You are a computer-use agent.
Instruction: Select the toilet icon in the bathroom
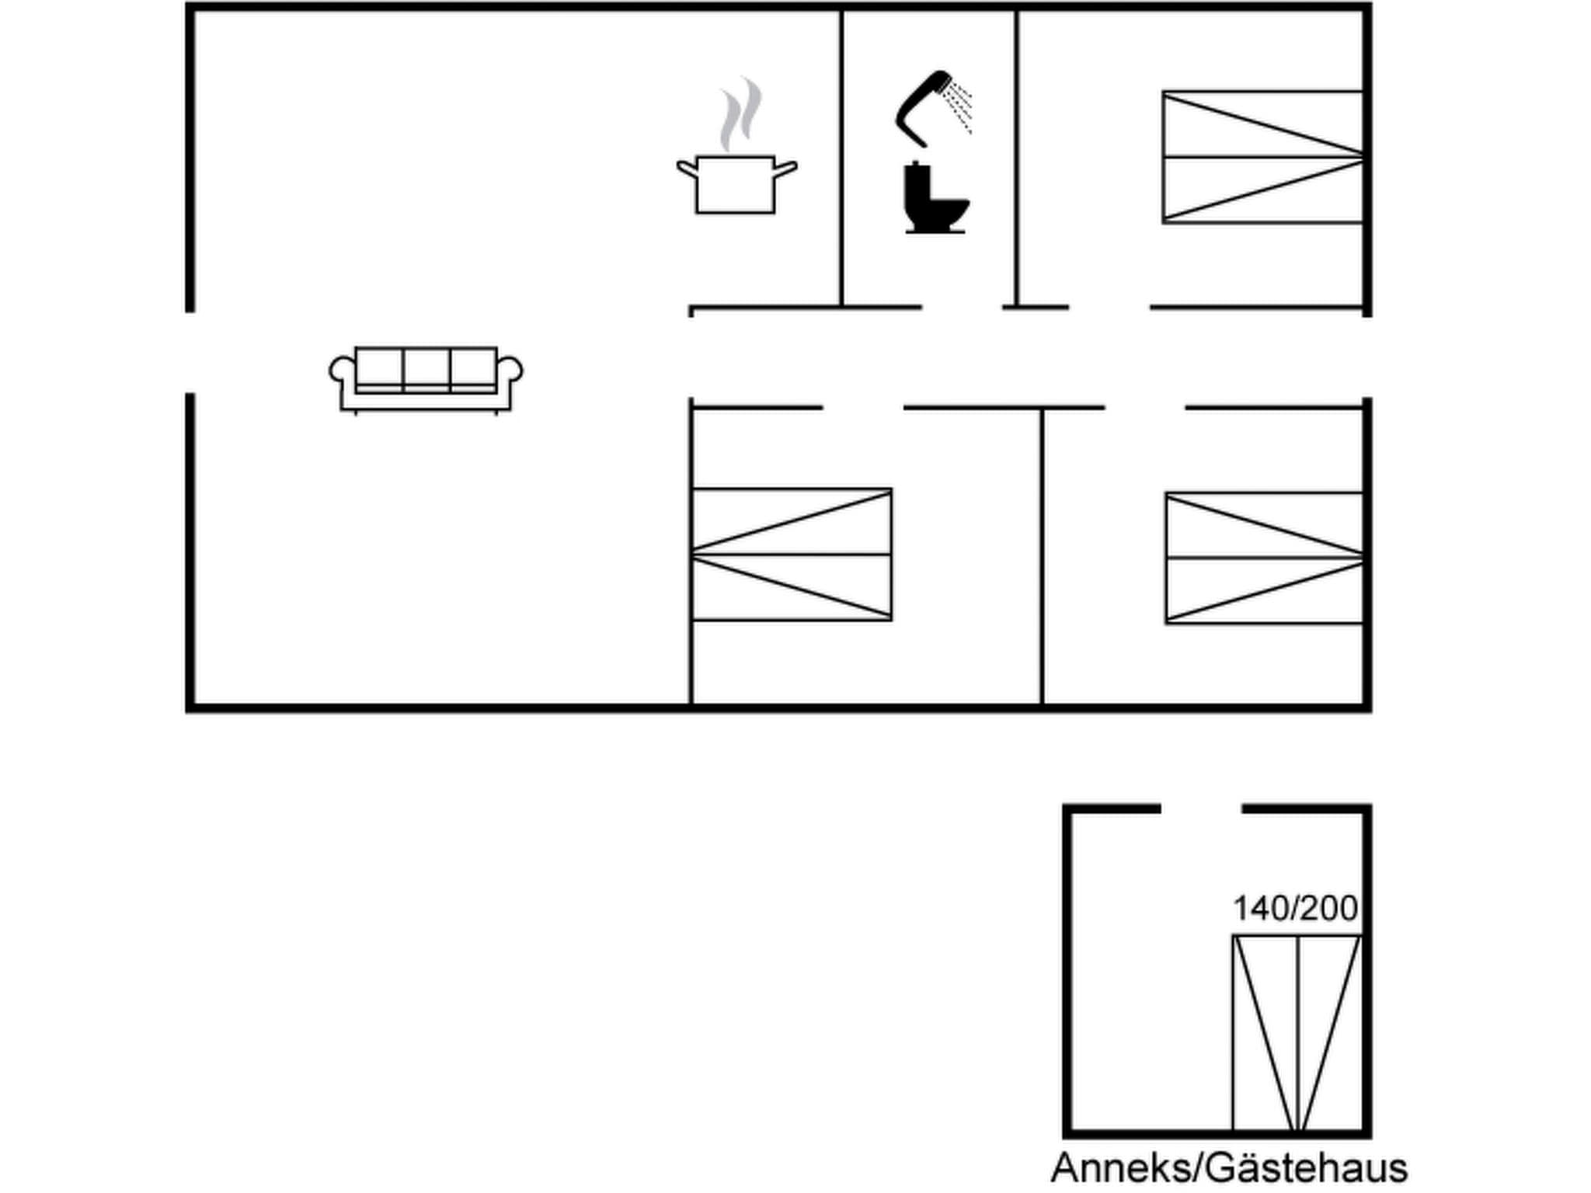pos(935,199)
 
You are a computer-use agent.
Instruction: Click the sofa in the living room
pos(426,378)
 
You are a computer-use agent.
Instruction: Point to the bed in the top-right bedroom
pos(1262,157)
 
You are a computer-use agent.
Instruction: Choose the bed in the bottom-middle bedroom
pos(791,555)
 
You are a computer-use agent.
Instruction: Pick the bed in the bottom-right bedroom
pos(1264,558)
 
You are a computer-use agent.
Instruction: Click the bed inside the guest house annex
pos(1297,1033)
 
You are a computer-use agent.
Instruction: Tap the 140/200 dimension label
pos(1295,909)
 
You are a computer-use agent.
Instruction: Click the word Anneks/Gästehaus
pos(1229,1168)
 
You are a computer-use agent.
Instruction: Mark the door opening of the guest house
pos(1201,809)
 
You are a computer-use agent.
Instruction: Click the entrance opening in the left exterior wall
pos(190,353)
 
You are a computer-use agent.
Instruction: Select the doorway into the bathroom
pos(962,308)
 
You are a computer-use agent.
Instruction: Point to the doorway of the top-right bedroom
pos(1109,308)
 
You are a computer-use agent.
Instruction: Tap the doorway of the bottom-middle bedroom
pos(862,407)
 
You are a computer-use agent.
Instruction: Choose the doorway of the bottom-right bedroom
pos(1144,407)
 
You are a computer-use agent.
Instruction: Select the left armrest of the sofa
pos(341,370)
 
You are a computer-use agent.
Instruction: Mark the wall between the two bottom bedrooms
pos(1042,555)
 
